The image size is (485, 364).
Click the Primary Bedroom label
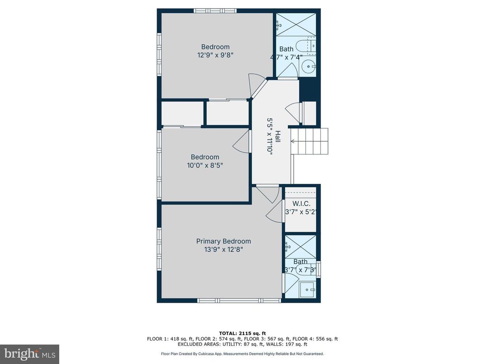coord(223,241)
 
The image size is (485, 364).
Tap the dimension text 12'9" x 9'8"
coord(215,55)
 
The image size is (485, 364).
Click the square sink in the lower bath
coord(309,289)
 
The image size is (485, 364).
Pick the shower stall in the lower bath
coord(300,246)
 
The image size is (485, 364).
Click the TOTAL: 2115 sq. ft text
coord(242,332)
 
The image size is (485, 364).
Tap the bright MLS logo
coord(29,354)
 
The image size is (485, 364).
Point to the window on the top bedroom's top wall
coord(215,10)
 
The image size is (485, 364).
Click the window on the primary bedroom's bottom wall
coord(239,301)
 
